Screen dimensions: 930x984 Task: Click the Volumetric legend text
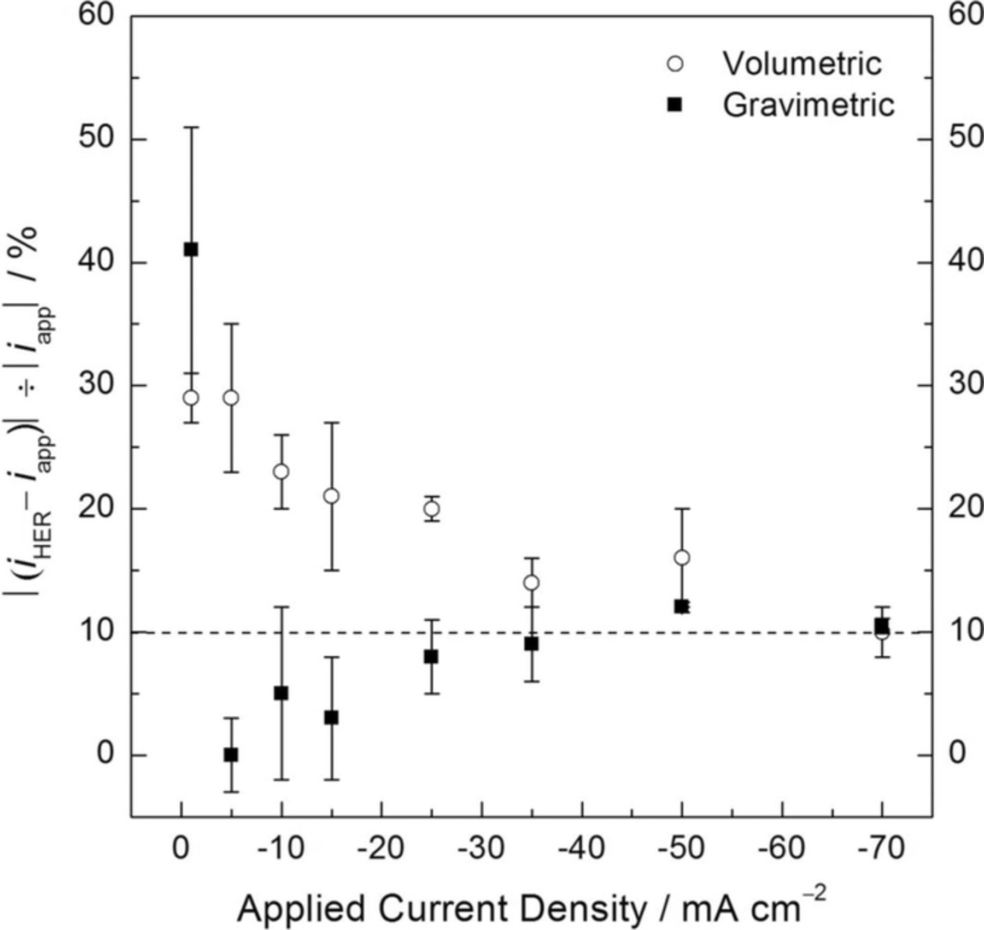(802, 63)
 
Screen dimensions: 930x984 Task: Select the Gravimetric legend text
(809, 104)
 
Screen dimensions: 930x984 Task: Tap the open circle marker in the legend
(676, 64)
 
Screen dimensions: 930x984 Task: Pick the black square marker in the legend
(676, 104)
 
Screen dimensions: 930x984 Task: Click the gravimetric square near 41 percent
(191, 250)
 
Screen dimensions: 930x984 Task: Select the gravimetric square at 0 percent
(231, 755)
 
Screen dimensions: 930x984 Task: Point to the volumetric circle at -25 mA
(432, 509)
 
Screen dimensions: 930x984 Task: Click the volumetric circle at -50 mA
(682, 557)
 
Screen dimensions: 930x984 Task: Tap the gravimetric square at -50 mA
(681, 607)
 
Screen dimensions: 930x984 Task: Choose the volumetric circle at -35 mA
(531, 583)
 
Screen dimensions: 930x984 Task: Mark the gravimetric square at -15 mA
(331, 717)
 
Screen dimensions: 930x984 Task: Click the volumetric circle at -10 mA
(281, 472)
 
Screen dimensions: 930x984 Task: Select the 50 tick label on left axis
(97, 139)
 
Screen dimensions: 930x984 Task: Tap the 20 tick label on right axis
(965, 508)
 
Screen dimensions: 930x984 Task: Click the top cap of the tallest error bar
(191, 127)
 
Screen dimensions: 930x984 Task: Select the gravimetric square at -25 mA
(431, 656)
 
